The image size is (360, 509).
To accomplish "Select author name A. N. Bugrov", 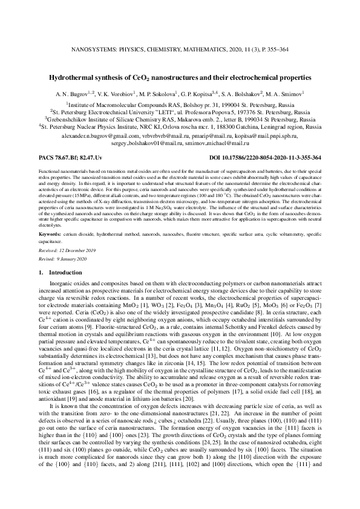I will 73,94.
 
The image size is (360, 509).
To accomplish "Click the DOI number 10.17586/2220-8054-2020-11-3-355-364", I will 266,157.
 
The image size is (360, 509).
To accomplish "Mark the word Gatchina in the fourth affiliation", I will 238,128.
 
